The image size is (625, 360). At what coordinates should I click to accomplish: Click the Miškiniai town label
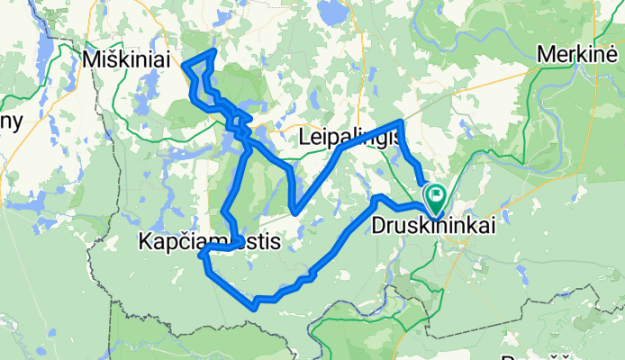[x=125, y=58]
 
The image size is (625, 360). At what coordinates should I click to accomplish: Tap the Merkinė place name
[x=575, y=54]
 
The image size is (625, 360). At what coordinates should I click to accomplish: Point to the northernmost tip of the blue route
[x=213, y=51]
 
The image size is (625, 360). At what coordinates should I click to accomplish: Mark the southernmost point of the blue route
[x=256, y=308]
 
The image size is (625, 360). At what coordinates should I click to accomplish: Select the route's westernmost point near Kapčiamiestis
[x=201, y=256]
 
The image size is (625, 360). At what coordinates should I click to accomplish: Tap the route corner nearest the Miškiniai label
[x=184, y=63]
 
